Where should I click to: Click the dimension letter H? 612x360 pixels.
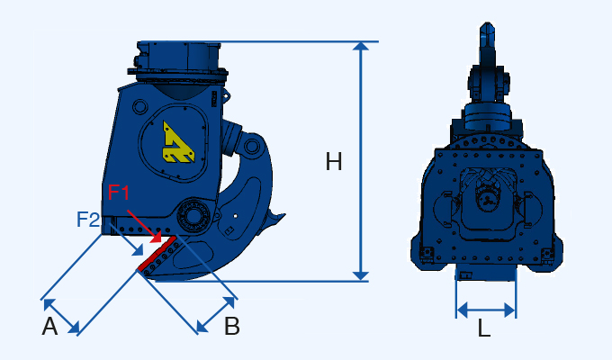pos(334,162)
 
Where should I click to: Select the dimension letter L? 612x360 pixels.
pos(484,329)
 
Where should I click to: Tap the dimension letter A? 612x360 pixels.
pos(50,327)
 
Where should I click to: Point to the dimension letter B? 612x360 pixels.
pos(232,327)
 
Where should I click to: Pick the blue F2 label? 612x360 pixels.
pos(88,219)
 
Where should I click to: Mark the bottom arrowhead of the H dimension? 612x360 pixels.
pos(362,274)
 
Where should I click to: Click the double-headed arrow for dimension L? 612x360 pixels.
pos(486,310)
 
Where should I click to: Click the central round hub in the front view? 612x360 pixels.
pos(488,199)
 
